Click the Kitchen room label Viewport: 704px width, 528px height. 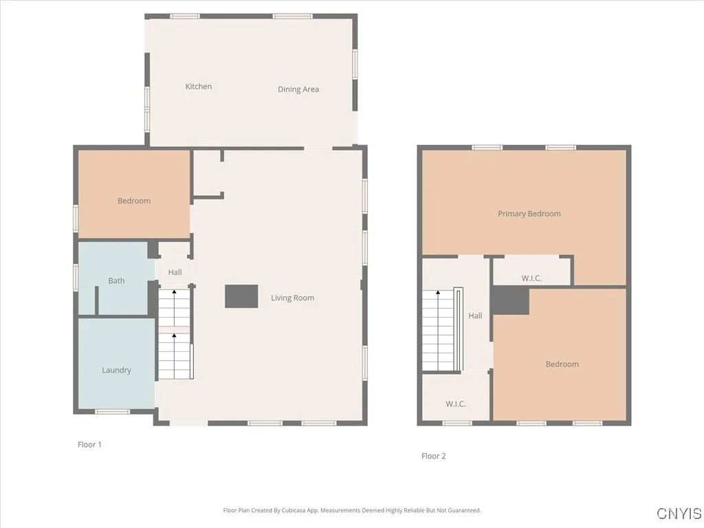(x=199, y=87)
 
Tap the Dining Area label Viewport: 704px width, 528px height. (x=298, y=89)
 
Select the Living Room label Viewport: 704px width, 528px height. (x=292, y=298)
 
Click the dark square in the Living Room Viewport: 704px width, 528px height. (x=241, y=296)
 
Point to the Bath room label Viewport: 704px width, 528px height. (x=116, y=280)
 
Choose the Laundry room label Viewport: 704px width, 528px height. (x=116, y=370)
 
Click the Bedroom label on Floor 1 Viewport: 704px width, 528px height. (x=134, y=201)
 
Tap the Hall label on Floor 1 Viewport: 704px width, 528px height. (x=175, y=272)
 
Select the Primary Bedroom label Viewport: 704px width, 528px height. (x=529, y=214)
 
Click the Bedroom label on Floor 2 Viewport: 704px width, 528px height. (x=562, y=364)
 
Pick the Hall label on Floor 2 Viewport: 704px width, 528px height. (x=475, y=316)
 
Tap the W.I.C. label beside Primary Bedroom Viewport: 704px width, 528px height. (x=531, y=278)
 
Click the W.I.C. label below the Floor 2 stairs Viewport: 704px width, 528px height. (x=456, y=404)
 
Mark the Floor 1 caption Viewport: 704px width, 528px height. (x=89, y=445)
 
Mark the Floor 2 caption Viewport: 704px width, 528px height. (x=434, y=456)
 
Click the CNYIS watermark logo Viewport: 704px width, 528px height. (x=679, y=514)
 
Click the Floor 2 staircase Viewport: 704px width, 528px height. (x=440, y=330)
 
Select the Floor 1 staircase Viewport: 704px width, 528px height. (x=175, y=333)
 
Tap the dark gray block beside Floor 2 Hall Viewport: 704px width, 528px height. (x=510, y=300)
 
